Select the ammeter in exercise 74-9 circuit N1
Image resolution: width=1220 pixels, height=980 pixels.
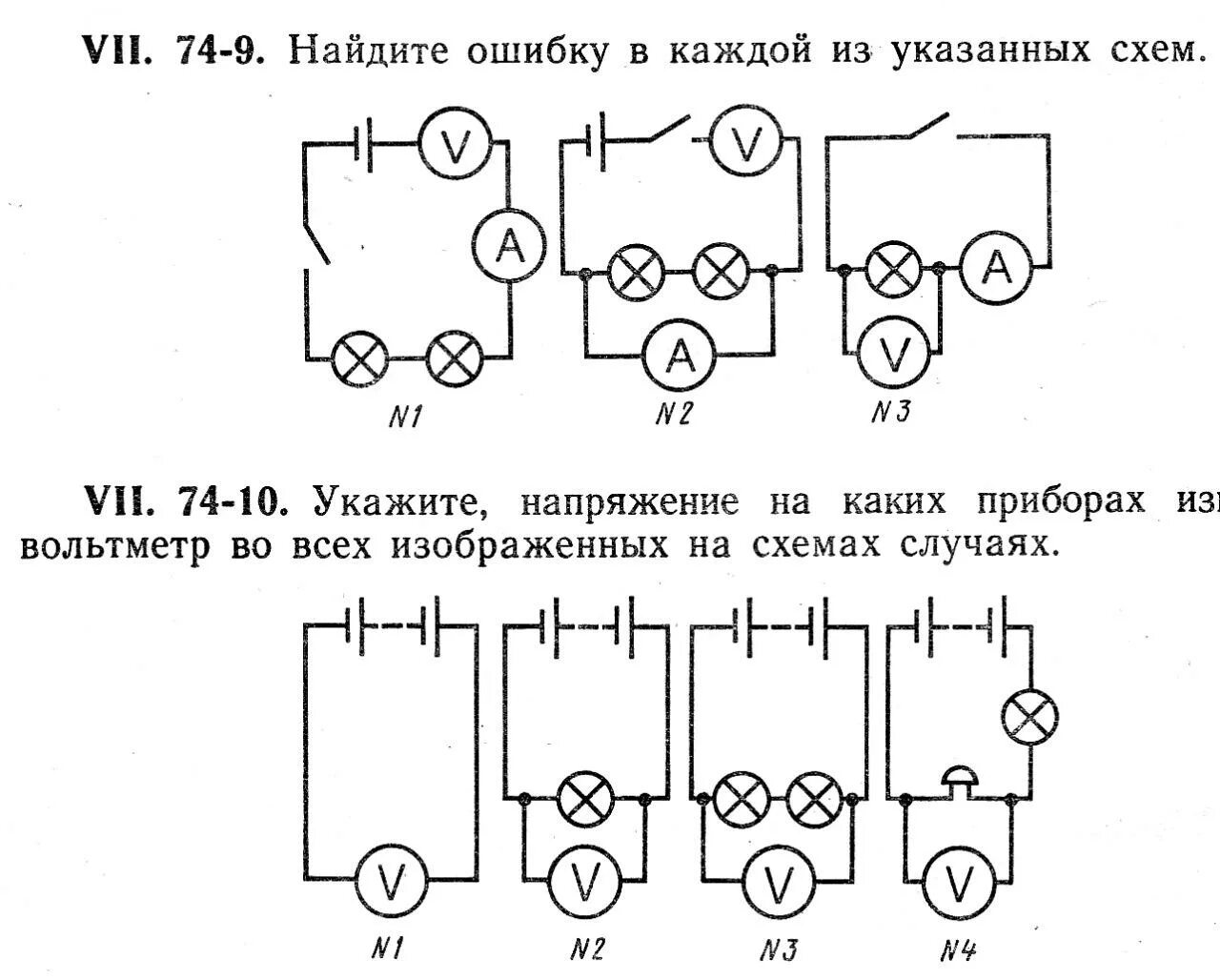tap(510, 248)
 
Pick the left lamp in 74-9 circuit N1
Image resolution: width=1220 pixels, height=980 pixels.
tap(360, 359)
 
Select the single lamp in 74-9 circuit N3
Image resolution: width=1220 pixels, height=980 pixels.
tap(893, 271)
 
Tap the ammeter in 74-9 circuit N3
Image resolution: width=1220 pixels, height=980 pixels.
tap(997, 269)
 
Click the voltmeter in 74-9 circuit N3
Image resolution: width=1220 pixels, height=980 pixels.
tap(893, 354)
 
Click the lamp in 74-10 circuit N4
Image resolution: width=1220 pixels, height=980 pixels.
tap(1030, 717)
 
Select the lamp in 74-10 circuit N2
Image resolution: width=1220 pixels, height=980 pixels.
tap(584, 799)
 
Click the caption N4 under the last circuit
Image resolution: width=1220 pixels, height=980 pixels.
tap(957, 950)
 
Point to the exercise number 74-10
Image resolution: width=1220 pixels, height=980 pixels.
tap(232, 501)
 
